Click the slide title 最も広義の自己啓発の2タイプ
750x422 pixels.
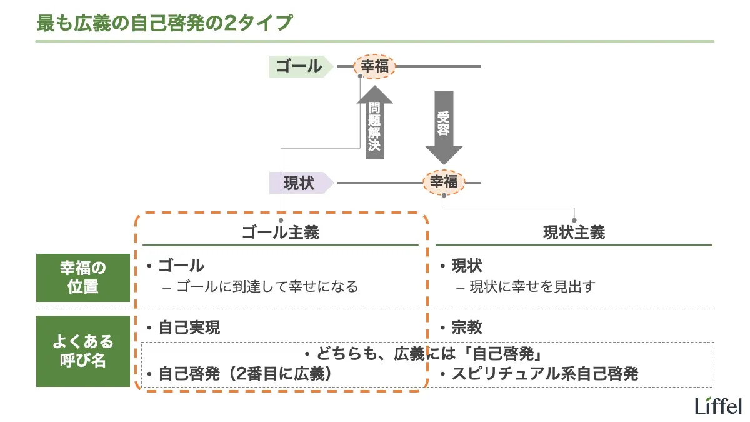[x=164, y=23]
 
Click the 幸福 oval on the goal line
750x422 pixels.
[x=375, y=66]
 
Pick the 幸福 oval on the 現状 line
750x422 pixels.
[x=444, y=182]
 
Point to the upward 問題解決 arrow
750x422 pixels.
[x=374, y=123]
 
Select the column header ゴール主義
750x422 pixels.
[x=281, y=233]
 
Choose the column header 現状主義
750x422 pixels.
[x=574, y=233]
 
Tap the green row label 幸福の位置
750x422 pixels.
[x=83, y=278]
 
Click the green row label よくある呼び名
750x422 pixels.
[x=83, y=351]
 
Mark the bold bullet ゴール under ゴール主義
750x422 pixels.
[x=181, y=265]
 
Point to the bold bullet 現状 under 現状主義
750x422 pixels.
[x=466, y=265]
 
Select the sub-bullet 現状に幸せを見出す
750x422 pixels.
[x=532, y=287]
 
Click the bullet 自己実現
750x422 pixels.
[x=189, y=328]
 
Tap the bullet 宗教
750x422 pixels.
[x=466, y=328]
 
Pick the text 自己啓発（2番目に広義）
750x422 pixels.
[x=244, y=374]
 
